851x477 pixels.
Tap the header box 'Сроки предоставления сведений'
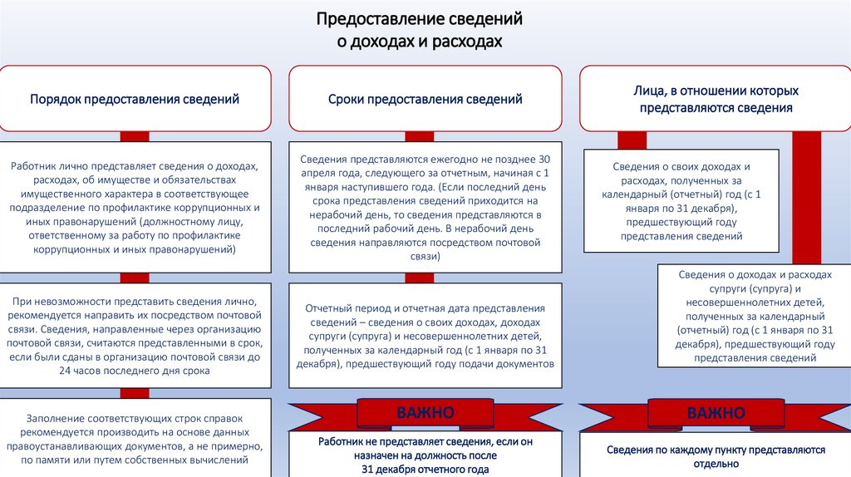click(425, 99)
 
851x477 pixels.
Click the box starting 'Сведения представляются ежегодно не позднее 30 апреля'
click(425, 208)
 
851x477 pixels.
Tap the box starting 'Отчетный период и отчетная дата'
click(425, 336)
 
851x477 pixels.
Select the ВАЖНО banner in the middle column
click(425, 413)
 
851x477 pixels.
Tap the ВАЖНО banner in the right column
click(716, 413)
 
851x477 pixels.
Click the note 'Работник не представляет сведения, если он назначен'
click(425, 449)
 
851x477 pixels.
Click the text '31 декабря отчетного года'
click(425, 470)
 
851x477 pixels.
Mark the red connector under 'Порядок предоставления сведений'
click(135, 136)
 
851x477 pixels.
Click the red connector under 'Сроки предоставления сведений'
click(425, 136)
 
